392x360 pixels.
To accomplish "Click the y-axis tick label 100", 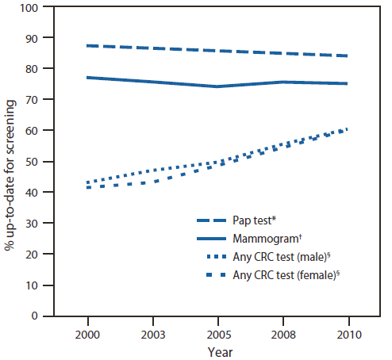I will tap(31, 8).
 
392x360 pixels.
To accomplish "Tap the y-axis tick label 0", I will tap(37, 316).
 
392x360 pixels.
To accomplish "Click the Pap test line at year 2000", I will tap(86, 46).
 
